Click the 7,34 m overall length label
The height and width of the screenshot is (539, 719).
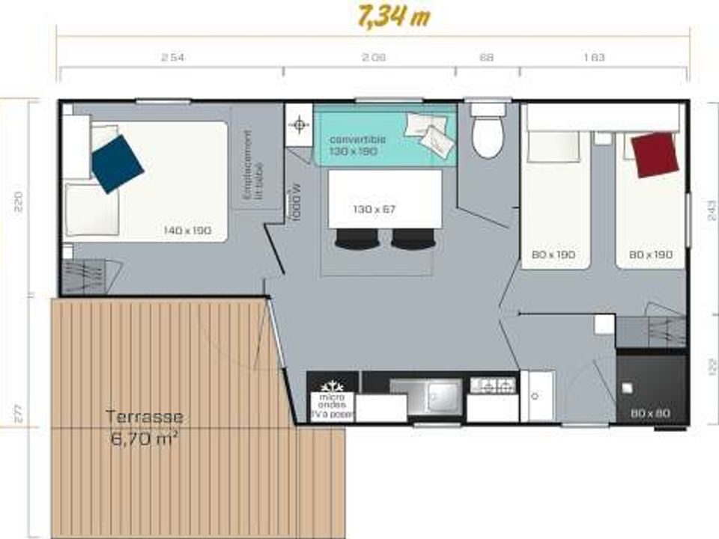click(x=394, y=16)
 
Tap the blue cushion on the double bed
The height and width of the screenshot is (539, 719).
click(x=118, y=164)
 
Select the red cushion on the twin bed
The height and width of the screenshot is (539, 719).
click(x=655, y=154)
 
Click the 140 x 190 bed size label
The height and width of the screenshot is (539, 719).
click(x=187, y=230)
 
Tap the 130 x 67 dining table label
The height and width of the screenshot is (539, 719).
click(x=374, y=209)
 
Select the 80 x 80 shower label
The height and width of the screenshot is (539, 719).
click(x=649, y=412)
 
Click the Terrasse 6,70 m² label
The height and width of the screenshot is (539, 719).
click(x=144, y=426)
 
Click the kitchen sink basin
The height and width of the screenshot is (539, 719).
click(x=443, y=395)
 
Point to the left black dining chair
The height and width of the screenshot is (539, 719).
click(x=357, y=239)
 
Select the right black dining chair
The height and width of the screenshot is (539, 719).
click(x=413, y=239)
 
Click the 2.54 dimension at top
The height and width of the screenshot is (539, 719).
click(x=172, y=57)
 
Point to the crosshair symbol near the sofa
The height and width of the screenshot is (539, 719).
click(x=300, y=124)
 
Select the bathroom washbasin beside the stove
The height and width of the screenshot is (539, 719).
click(x=538, y=395)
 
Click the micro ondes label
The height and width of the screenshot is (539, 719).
click(x=332, y=401)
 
